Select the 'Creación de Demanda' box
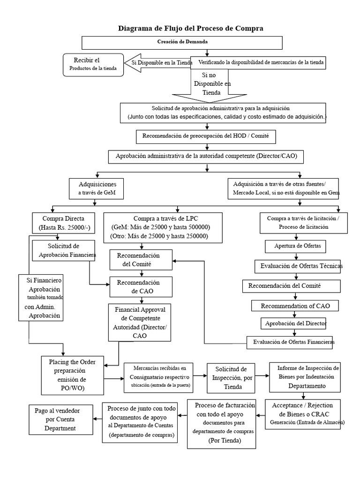(x=182, y=42)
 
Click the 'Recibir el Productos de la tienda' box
(x=94, y=64)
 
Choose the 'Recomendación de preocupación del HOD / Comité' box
(x=206, y=137)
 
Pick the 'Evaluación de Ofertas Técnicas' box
(x=298, y=266)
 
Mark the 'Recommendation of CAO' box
(x=296, y=306)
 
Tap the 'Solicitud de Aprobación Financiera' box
(x=65, y=251)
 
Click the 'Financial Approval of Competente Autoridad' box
(x=140, y=322)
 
